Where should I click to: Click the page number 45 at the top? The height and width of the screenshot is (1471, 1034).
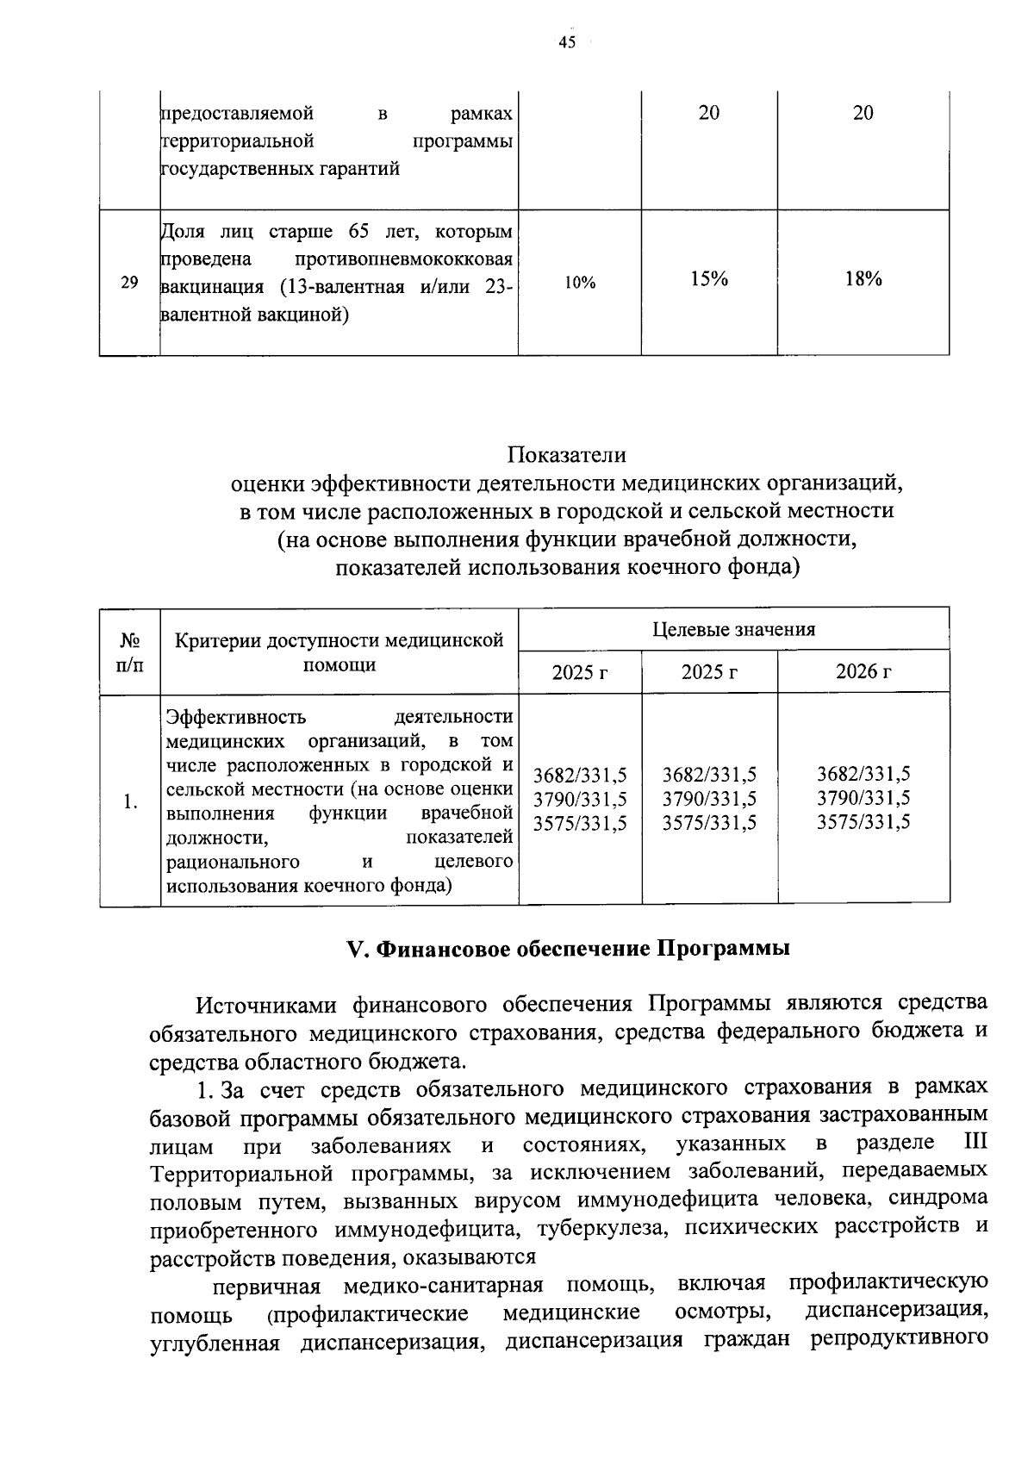click(x=566, y=43)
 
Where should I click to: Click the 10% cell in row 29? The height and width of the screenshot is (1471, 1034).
click(x=580, y=282)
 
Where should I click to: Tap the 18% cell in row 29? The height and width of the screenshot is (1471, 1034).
click(x=863, y=279)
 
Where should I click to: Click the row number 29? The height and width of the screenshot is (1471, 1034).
click(x=129, y=282)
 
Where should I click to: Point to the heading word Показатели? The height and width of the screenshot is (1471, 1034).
click(x=566, y=454)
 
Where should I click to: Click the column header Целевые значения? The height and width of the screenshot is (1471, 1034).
click(x=733, y=629)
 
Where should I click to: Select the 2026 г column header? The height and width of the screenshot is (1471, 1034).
click(x=863, y=672)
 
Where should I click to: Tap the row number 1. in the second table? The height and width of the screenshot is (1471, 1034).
click(x=130, y=801)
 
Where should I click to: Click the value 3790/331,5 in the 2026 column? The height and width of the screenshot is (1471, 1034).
click(x=863, y=798)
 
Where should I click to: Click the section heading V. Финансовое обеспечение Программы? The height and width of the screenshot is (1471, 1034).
click(x=568, y=949)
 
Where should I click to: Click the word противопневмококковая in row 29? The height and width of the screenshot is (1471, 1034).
click(x=404, y=259)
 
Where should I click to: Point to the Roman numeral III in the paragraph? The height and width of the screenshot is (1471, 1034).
click(x=973, y=1144)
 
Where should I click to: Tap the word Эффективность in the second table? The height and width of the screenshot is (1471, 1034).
click(x=235, y=717)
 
